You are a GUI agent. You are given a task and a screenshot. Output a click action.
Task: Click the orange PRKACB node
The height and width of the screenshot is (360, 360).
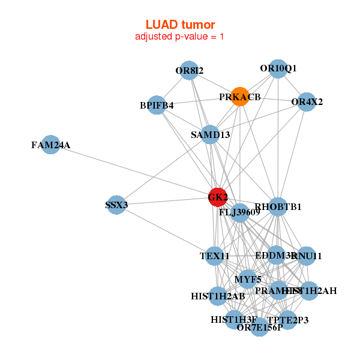240,97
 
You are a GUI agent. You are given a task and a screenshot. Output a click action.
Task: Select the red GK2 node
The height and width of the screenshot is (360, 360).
218,196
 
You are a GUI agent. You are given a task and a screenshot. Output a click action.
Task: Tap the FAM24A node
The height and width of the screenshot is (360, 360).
51,145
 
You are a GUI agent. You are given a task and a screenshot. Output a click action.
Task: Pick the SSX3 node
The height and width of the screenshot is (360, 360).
116,205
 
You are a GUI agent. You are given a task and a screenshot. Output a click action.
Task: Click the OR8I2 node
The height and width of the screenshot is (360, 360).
189,71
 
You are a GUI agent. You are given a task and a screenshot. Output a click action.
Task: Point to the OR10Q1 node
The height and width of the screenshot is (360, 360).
278,69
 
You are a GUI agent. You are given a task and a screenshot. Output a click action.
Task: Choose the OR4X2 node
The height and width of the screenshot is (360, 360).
307,102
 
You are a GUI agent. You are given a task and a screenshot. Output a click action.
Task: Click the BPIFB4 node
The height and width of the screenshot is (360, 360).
157,106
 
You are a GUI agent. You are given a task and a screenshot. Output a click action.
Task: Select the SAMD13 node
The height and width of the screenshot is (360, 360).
210,134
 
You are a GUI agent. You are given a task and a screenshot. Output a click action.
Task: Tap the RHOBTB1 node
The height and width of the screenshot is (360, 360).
278,207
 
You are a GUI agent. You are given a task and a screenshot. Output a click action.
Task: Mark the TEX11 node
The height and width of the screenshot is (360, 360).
215,256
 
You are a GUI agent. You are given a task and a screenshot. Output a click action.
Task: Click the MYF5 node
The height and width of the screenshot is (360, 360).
248,279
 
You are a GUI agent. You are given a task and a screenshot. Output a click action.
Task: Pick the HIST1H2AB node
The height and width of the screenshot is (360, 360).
218,296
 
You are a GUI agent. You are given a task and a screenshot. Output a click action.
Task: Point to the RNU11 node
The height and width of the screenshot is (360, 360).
306,256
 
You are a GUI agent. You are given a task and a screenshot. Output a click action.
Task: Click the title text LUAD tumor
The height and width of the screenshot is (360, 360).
180,25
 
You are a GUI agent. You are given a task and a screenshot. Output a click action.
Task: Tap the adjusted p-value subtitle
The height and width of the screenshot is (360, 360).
180,37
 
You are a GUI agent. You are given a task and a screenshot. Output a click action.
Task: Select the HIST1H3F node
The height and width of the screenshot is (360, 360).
234,320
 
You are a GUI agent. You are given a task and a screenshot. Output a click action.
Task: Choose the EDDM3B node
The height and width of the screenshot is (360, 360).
276,256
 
